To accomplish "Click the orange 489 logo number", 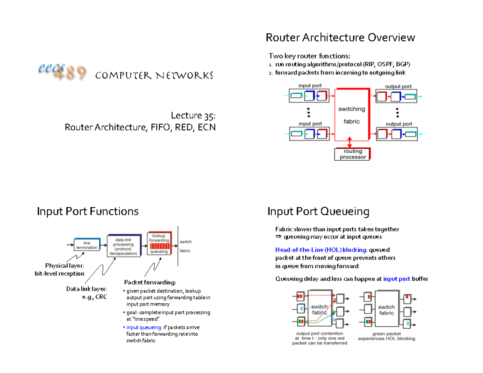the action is [x=69, y=72].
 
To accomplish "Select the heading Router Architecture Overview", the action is [x=340, y=37].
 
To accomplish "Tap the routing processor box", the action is [x=352, y=154].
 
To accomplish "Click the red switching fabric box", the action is [x=352, y=115].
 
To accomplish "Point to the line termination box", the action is [x=87, y=245].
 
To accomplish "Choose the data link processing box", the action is [x=124, y=246].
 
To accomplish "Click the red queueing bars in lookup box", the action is [x=160, y=246].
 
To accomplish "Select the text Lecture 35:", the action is [x=193, y=116].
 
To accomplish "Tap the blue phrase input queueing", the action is [x=144, y=327].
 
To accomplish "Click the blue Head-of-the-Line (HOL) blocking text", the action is [x=320, y=250].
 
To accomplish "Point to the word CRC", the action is [x=101, y=297].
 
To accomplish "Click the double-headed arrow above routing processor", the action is [x=349, y=142].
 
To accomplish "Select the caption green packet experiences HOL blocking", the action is [x=386, y=336].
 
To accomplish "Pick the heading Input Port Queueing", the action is [x=318, y=211].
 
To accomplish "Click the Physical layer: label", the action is [x=65, y=266].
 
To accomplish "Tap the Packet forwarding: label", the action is [x=150, y=282].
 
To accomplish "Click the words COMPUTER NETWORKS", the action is [x=154, y=76].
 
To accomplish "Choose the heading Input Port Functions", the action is [x=88, y=211].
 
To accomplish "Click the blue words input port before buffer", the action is [x=396, y=279].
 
